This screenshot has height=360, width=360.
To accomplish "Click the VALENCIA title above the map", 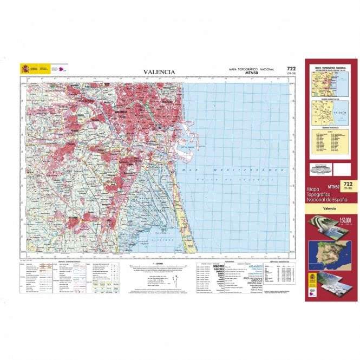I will pos(159,71).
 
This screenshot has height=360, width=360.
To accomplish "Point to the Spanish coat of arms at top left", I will pos(25,69).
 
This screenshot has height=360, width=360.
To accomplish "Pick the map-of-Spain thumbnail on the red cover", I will pos(328,252).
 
